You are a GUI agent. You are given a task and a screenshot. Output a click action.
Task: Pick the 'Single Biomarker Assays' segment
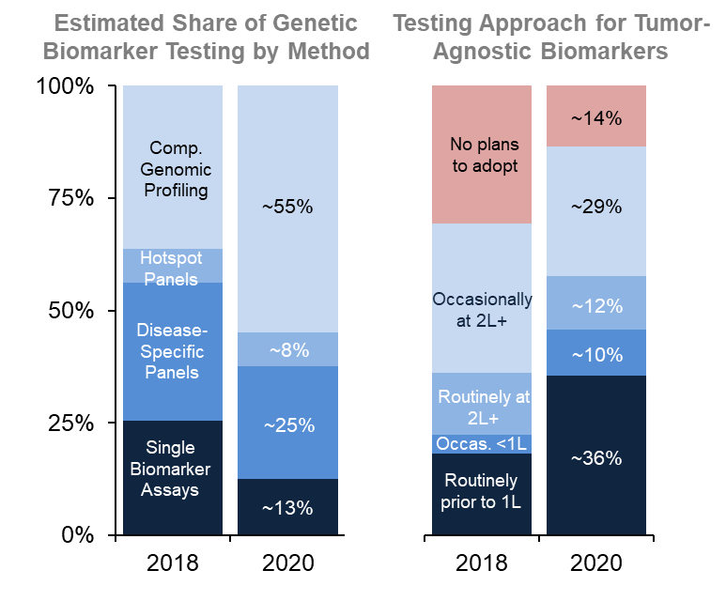(176, 469)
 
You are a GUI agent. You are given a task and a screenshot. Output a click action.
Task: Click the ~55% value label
(287, 208)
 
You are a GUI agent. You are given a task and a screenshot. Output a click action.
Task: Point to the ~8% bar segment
(287, 350)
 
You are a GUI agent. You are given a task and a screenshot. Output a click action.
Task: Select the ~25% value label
(287, 424)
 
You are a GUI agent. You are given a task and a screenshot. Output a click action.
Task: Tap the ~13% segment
(287, 508)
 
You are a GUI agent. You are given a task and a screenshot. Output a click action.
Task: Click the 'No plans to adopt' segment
(482, 155)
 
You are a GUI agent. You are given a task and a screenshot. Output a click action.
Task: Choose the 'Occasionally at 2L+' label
(482, 309)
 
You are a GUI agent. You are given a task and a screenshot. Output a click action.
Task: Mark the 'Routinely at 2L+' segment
(482, 405)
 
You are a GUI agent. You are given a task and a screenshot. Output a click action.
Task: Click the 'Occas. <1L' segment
(482, 443)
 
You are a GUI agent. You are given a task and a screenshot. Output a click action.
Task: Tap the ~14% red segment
(596, 117)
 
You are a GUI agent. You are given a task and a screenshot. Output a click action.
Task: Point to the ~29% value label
(596, 208)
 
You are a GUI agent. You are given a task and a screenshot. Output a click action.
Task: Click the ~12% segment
(596, 305)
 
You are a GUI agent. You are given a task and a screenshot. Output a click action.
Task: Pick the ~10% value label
(596, 354)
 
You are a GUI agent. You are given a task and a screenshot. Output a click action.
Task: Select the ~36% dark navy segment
(596, 457)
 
